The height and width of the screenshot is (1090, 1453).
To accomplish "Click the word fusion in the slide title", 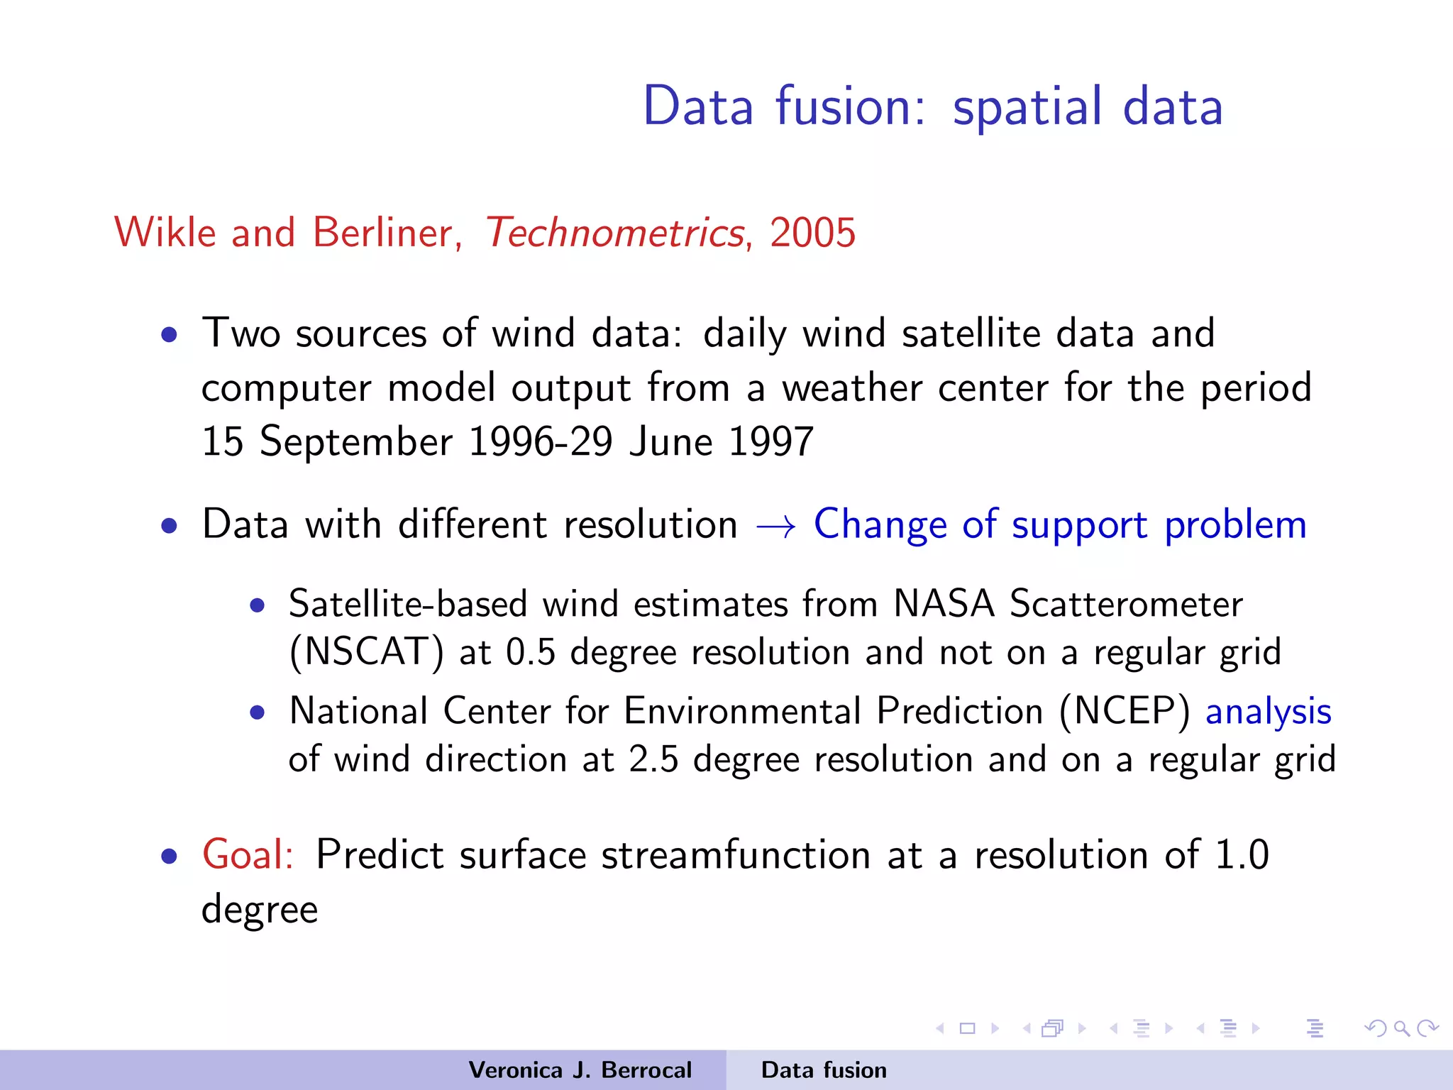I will (850, 106).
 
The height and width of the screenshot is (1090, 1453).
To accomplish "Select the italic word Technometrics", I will (614, 233).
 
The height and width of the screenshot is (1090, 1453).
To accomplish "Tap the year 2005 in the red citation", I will (812, 233).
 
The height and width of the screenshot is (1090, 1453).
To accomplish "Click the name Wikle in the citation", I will (165, 233).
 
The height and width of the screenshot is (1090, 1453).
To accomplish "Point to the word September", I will (356, 443).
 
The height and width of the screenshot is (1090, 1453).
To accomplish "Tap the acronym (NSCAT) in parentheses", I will (367, 652).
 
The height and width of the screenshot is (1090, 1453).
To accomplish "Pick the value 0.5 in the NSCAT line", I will (530, 652).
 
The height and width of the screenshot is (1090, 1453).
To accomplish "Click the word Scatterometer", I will (1126, 604).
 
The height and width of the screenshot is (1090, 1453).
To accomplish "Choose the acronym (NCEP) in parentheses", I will (1125, 711).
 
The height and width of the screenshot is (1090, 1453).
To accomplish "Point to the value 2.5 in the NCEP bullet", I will (653, 759).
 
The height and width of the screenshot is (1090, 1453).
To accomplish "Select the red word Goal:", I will (248, 854).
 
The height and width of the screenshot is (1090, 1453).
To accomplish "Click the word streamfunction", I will (736, 854).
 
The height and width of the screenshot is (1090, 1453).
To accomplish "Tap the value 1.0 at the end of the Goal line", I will (1242, 854).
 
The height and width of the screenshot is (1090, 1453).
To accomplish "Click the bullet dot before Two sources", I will (169, 334).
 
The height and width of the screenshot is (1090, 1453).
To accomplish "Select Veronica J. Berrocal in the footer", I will (580, 1070).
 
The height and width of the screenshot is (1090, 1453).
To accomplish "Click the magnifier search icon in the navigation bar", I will (1400, 1028).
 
